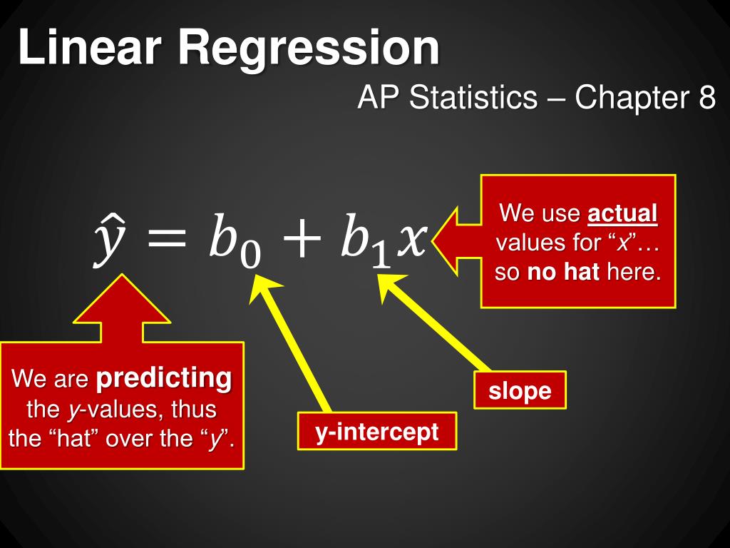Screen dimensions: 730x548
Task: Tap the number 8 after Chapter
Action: pos(706,97)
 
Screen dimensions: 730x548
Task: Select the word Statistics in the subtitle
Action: pos(473,97)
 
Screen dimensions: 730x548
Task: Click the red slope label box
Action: pos(520,390)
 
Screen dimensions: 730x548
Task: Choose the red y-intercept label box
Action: pos(377,431)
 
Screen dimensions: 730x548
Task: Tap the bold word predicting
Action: pos(164,378)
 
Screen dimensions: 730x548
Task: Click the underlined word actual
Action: pos(622,213)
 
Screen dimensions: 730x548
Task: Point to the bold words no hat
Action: pos(563,271)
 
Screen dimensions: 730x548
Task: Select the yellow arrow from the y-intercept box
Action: pos(289,343)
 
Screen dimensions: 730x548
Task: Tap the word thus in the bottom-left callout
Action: pos(194,409)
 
